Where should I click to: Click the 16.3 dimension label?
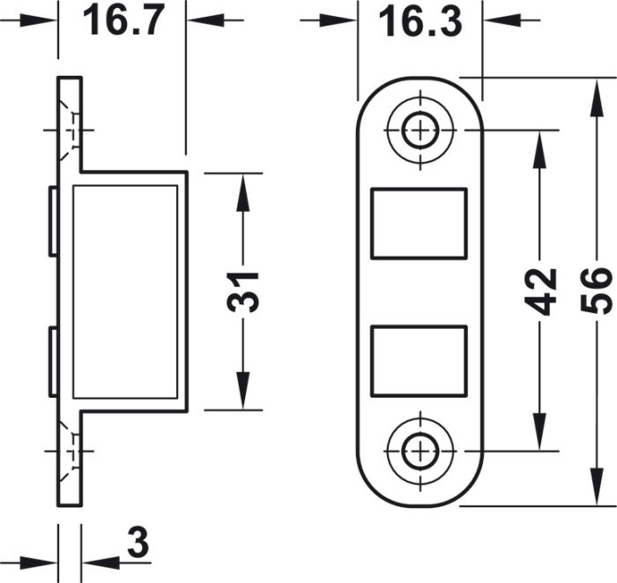pyautogui.click(x=420, y=22)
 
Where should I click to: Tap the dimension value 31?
pyautogui.click(x=242, y=292)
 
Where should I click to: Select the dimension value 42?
pyautogui.click(x=540, y=292)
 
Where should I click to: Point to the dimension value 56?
pyautogui.click(x=597, y=291)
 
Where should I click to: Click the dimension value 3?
pyautogui.click(x=138, y=542)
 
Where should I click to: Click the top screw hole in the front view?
pyautogui.click(x=420, y=130)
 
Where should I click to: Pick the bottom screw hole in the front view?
pyautogui.click(x=420, y=451)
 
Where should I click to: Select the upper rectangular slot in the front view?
pyautogui.click(x=419, y=224)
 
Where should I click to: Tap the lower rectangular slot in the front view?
pyautogui.click(x=419, y=361)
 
